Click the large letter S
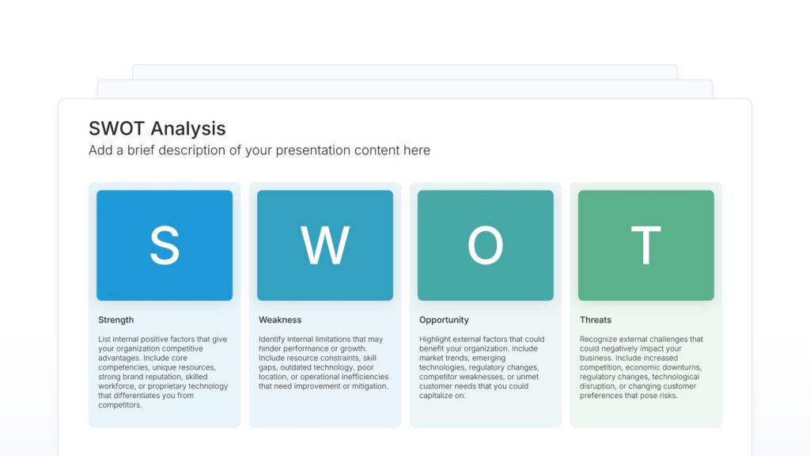[x=165, y=245]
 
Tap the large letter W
[x=324, y=245]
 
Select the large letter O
[x=485, y=245]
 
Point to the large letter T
[x=645, y=245]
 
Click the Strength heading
[x=115, y=320]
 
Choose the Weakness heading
[x=280, y=320]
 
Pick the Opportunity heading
[x=444, y=320]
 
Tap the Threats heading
[x=596, y=320]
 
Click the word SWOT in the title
[x=117, y=129]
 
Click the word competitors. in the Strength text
[x=120, y=405]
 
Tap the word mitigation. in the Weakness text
[x=366, y=386]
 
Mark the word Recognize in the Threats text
[x=599, y=340]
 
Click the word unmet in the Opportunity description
[x=528, y=377]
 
